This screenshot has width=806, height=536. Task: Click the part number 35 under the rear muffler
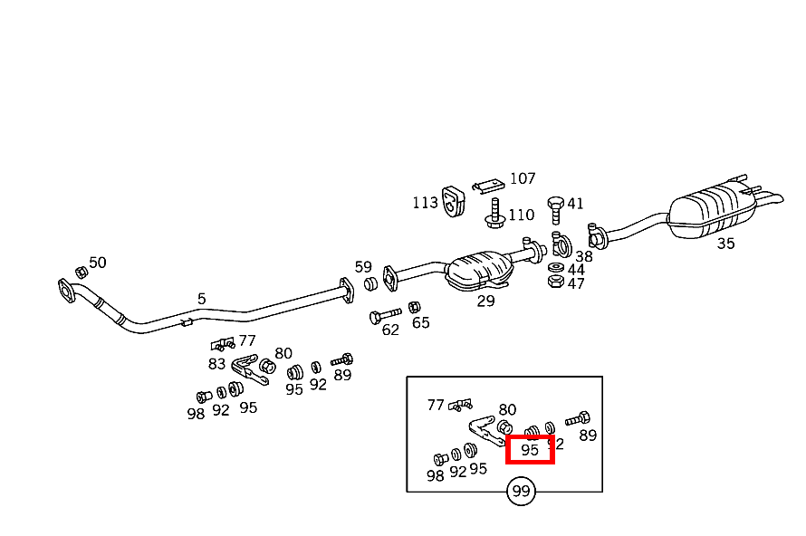coord(725,243)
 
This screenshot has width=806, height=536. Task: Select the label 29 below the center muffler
coord(486,301)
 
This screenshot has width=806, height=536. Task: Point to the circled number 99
coord(521,492)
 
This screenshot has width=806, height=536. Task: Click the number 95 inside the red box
coord(530,449)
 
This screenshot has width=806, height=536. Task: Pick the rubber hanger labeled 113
coord(453,201)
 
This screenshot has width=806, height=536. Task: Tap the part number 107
coord(523,178)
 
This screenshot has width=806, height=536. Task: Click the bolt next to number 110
coord(494,214)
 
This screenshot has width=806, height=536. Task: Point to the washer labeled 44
coord(555,268)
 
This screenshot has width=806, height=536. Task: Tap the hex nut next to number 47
coord(555,282)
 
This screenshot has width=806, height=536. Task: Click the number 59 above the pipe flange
coord(363,267)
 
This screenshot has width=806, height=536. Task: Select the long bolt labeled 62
coord(384,316)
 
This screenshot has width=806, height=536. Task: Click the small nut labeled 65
coord(415,308)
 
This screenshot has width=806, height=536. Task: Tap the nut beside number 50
coord(80,271)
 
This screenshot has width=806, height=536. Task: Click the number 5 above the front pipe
coord(202,298)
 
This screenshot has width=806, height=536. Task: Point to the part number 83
coord(216,364)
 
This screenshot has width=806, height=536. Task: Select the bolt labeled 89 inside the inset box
coord(578,419)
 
